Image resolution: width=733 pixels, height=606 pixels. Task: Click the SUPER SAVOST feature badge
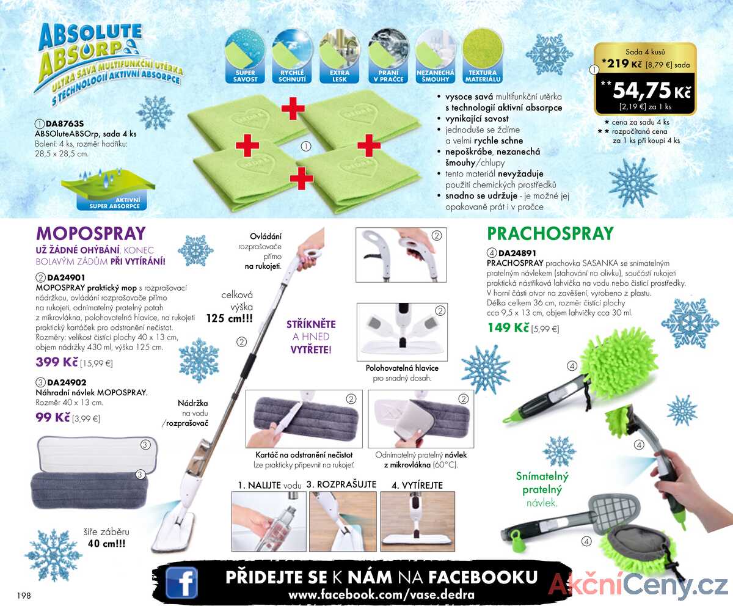[245, 57]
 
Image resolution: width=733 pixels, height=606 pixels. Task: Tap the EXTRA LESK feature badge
[339, 57]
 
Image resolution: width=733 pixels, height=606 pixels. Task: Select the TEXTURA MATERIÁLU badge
[483, 57]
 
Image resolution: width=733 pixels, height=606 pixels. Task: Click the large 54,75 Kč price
[652, 90]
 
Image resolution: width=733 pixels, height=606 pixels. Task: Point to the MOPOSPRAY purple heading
[90, 233]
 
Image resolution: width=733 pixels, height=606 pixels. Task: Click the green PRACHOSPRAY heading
[550, 234]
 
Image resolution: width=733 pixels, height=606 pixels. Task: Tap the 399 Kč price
[57, 362]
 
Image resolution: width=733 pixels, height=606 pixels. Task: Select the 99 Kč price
[53, 417]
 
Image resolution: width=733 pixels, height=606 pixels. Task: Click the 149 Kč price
[508, 327]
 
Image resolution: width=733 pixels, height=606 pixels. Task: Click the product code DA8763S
[65, 123]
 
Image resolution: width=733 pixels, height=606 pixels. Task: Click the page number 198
[24, 596]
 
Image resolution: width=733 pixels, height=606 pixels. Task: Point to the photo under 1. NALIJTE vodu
[269, 521]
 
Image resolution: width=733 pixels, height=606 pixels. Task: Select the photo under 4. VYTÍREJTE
[417, 521]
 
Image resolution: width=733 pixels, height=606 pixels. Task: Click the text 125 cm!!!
[229, 318]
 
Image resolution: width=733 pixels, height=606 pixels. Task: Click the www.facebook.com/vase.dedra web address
[381, 595]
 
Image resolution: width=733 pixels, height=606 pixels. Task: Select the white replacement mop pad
[97, 454]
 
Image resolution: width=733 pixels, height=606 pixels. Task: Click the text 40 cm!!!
[106, 544]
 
